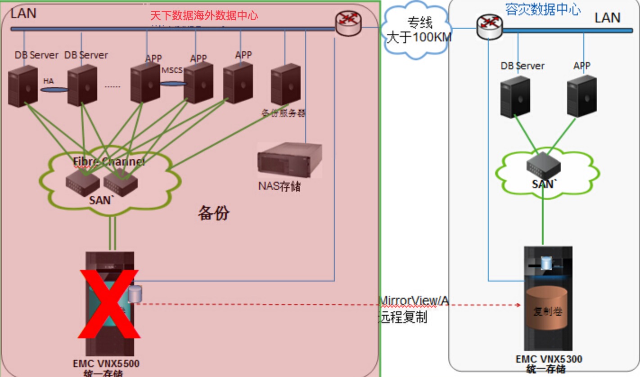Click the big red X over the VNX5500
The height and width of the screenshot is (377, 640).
[x=108, y=305]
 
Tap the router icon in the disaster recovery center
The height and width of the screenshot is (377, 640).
[x=489, y=27]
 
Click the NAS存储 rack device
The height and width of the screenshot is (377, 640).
[x=289, y=160]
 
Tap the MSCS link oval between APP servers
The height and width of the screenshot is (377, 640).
[x=173, y=83]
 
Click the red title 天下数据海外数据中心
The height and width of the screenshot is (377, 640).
[x=203, y=15]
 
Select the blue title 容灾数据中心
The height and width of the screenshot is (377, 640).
[x=542, y=9]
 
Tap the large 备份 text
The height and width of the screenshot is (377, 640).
[x=213, y=213]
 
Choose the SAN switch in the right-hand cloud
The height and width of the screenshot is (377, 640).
[x=543, y=166]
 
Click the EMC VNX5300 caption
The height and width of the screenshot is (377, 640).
[x=549, y=359]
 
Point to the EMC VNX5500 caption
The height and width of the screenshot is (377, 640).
[x=106, y=364]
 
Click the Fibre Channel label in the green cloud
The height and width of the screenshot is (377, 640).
[x=109, y=162]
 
